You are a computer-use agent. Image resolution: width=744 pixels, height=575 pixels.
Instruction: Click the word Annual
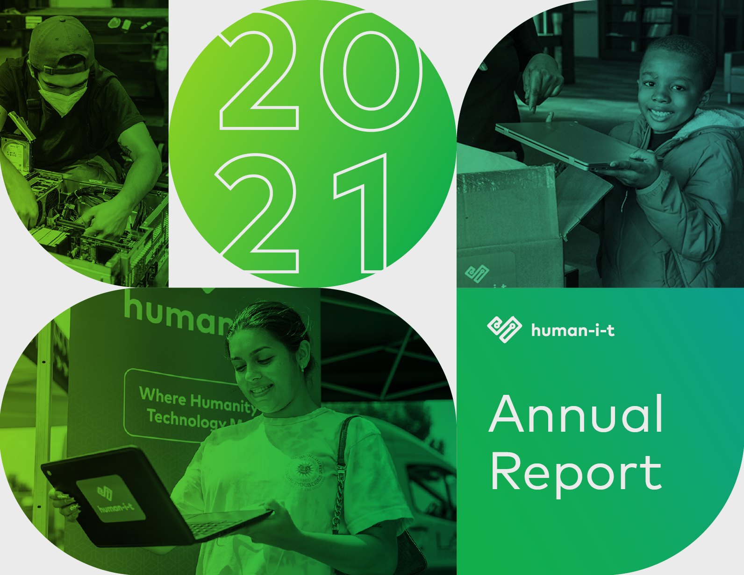point(576,414)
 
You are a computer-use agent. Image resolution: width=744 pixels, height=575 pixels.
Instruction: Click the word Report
point(576,473)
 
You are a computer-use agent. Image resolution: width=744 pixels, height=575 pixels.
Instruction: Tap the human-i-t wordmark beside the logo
point(572,330)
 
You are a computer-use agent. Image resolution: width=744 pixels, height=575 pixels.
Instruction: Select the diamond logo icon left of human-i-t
point(504,329)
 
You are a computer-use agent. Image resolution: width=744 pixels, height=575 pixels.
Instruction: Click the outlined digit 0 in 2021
point(372,71)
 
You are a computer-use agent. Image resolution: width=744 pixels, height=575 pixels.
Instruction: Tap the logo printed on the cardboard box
point(477,274)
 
